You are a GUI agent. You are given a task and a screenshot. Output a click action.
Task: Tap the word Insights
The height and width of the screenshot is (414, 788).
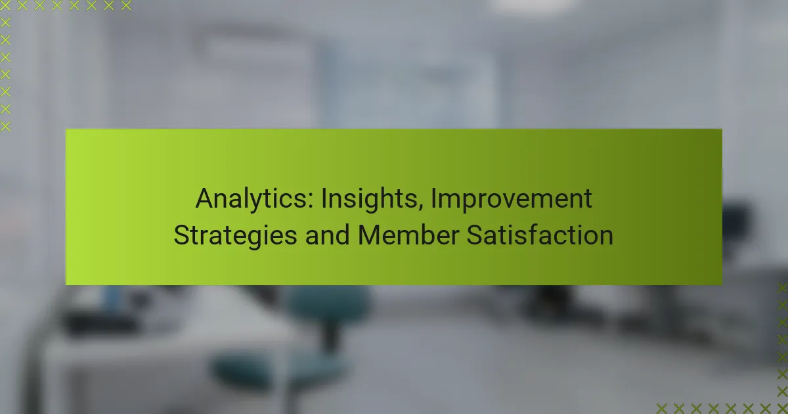tap(372, 199)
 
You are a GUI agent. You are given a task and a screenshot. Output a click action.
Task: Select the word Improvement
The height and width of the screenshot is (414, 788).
tap(512, 199)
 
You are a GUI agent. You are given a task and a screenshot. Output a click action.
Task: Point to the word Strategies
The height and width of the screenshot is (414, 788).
tap(235, 235)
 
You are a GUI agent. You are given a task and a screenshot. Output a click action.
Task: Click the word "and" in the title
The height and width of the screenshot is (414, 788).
tap(327, 235)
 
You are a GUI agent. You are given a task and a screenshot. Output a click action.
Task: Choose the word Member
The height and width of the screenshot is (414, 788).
tap(408, 235)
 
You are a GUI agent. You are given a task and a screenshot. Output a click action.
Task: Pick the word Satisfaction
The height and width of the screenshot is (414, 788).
tap(540, 235)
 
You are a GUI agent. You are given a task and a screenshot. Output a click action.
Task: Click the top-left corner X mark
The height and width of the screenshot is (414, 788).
tap(5, 5)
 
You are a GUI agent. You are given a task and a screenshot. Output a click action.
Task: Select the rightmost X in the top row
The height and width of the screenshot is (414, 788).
tap(126, 5)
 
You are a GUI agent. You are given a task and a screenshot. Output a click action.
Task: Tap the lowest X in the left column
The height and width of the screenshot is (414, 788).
tap(5, 126)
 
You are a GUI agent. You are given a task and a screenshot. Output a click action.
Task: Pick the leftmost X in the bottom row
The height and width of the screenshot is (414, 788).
tap(662, 409)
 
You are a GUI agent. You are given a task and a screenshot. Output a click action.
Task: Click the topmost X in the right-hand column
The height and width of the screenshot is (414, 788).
tap(782, 288)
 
